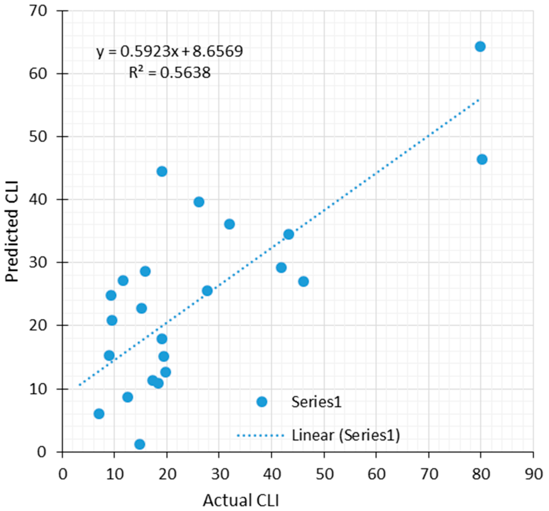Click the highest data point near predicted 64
click(480, 46)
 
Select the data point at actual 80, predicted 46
click(482, 159)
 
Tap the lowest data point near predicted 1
click(140, 444)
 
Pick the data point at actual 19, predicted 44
click(162, 172)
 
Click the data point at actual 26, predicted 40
click(199, 202)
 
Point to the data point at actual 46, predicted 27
click(303, 282)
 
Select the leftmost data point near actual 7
click(99, 414)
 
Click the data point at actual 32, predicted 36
click(229, 224)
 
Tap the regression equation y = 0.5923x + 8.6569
click(170, 51)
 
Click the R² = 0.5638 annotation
click(170, 73)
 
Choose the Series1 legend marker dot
click(262, 402)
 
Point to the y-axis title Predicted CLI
click(12, 231)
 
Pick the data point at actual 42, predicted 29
click(281, 268)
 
